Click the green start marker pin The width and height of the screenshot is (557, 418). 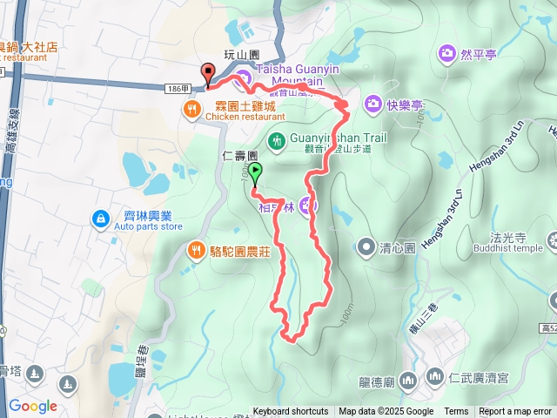coord(254,172)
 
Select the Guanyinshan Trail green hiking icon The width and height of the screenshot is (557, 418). coord(277,139)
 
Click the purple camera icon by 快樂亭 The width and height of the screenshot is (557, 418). coord(372,104)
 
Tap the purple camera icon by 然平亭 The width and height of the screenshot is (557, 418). coord(447,54)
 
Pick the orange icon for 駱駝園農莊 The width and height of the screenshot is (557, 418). coord(197,251)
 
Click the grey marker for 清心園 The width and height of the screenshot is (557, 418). coord(366,246)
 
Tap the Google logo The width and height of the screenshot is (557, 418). coord(32,406)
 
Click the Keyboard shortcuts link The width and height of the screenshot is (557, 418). coord(291,412)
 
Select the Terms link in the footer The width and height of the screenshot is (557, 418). coord(456,412)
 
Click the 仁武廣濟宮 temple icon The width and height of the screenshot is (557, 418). coord(434,376)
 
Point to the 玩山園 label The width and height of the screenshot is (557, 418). coord(242,54)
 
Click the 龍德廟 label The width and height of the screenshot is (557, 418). coord(378,381)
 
